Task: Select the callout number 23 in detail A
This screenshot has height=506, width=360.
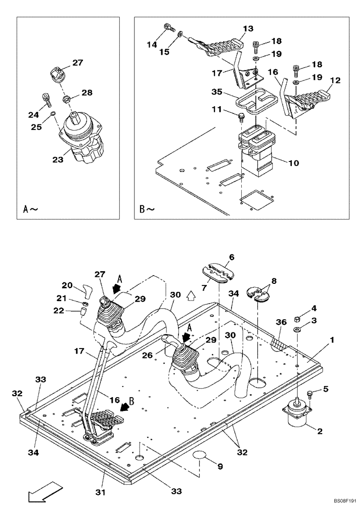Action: (58, 160)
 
